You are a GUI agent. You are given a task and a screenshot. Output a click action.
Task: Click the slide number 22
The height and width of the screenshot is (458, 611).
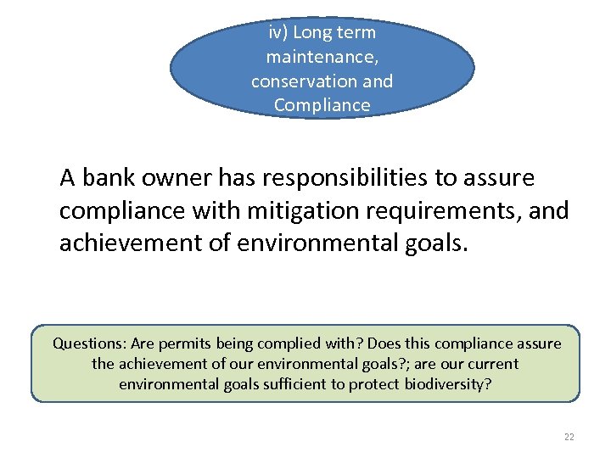point(569,437)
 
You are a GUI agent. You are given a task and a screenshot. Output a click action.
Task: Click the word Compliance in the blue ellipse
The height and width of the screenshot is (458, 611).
point(322,105)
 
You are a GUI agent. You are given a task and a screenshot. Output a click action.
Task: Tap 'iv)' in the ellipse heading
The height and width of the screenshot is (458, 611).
point(278,33)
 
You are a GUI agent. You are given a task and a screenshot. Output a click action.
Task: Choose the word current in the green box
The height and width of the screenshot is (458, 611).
point(491,364)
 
